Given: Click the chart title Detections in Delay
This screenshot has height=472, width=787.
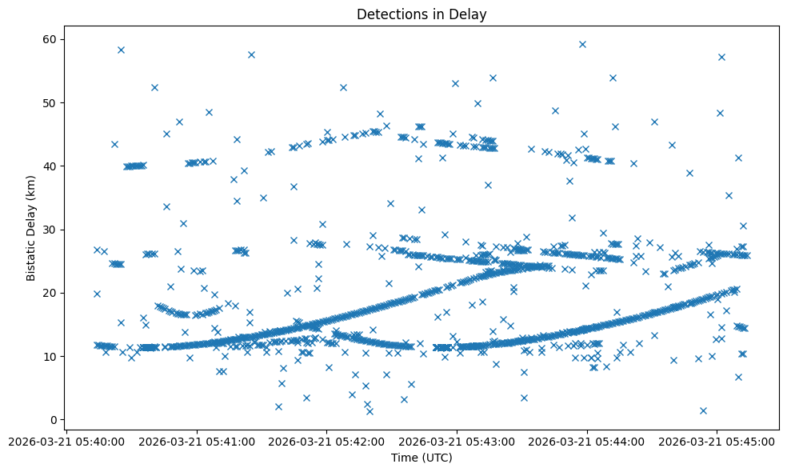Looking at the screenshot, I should pyautogui.click(x=421, y=14).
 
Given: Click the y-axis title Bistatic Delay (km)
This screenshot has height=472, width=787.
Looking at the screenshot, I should pyautogui.click(x=31, y=230).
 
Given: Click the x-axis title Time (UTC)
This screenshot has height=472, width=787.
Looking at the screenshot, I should pyautogui.click(x=421, y=458).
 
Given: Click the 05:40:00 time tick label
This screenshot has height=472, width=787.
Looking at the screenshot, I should pyautogui.click(x=66, y=441).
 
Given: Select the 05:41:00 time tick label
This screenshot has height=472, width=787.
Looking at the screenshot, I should pyautogui.click(x=197, y=441).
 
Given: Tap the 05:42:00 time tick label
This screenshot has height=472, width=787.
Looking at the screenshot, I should pyautogui.click(x=327, y=441).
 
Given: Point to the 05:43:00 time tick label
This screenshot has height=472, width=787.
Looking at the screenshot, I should pyautogui.click(x=457, y=441).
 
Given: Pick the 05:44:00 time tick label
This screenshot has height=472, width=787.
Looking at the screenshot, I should pyautogui.click(x=588, y=441).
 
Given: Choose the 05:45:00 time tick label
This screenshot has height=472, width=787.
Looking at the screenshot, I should pyautogui.click(x=717, y=441).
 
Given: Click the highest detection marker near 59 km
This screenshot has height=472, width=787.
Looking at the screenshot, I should pyautogui.click(x=582, y=45).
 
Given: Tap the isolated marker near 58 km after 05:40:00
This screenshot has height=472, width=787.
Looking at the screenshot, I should pyautogui.click(x=121, y=50).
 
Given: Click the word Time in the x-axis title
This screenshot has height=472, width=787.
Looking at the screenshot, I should pyautogui.click(x=404, y=458).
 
